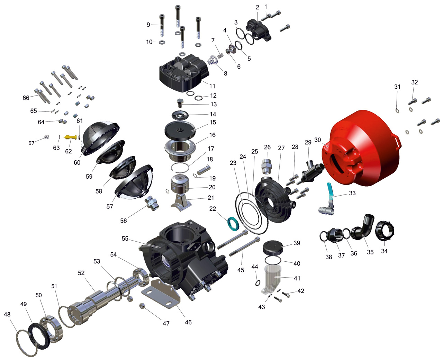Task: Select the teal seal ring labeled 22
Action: tap(233, 224)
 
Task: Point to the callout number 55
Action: tap(125, 238)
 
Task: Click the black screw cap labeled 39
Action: tap(273, 247)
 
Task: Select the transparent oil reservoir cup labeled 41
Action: tap(271, 279)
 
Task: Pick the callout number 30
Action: tap(318, 140)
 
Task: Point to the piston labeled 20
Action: tap(180, 184)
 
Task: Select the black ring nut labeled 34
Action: tap(385, 231)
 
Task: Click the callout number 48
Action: tap(7, 314)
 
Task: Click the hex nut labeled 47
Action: tap(143, 306)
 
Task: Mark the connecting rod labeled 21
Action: tap(181, 203)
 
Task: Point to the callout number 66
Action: tap(26, 98)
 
